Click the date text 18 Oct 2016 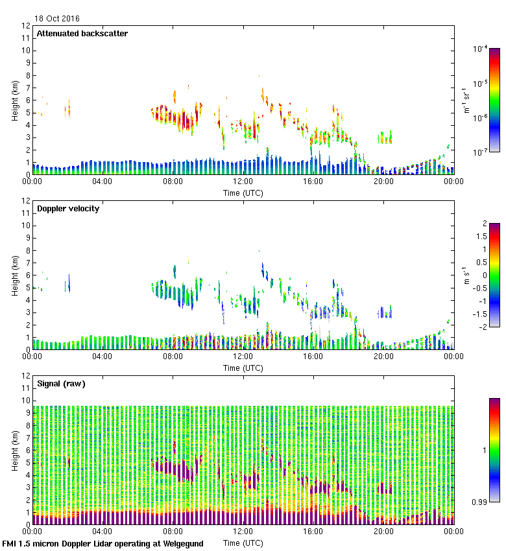point(57,19)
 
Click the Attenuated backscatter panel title point(82,34)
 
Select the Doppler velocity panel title point(68,209)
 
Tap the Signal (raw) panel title point(61,384)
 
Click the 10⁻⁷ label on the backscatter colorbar point(480,153)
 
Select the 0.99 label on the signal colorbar point(481,502)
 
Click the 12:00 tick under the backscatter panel point(243,182)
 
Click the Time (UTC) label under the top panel point(243,193)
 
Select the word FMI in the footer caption point(10,544)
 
